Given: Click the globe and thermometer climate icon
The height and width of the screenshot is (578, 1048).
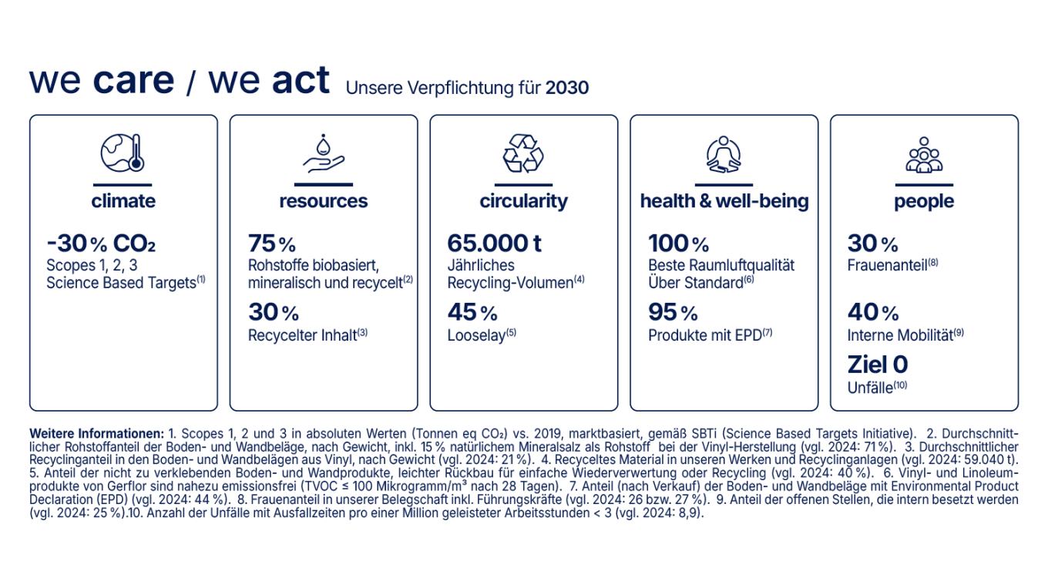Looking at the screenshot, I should coord(123,153).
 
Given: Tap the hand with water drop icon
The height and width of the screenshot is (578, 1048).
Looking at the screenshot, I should coord(323,153).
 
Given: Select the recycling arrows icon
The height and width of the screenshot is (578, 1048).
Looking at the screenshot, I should coord(523,153).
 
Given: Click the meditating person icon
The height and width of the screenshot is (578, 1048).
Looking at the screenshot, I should coord(724,153).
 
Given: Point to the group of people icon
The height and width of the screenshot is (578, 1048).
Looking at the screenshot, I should coord(924,153).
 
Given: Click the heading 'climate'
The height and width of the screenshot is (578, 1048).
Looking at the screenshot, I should coord(123,201).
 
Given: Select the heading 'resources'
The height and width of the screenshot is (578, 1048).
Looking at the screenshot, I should coord(323,201).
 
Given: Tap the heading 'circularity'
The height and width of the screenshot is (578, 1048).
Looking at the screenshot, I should coord(523,201).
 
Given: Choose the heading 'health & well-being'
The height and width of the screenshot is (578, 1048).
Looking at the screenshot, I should coord(724,201).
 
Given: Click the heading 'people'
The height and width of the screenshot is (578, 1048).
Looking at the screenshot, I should coord(924,201).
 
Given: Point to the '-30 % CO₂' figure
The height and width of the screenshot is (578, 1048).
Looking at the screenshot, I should coord(101,244).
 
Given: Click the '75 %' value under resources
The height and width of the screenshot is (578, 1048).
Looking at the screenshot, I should coord(271,244).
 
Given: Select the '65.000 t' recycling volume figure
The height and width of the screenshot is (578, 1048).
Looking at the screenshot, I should coord(494,244).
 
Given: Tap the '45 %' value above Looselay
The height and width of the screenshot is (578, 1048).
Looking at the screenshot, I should coord(472,312).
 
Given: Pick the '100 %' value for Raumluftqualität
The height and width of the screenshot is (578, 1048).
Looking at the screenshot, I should coord(678,244).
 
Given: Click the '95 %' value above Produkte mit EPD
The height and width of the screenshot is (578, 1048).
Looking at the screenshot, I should coord(673,312).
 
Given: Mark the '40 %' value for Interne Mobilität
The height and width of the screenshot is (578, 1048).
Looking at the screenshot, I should coord(872,312).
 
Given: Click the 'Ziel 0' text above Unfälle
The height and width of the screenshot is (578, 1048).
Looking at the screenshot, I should coord(877,364).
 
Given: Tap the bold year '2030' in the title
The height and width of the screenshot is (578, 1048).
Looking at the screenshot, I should coord(566,88).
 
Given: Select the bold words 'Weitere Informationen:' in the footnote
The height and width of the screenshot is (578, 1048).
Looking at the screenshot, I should coord(96,433).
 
